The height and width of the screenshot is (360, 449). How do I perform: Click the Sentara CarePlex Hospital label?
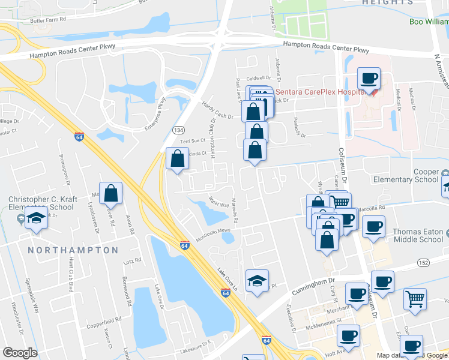[318, 91]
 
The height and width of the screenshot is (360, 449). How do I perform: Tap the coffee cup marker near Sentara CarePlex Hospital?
[369, 78]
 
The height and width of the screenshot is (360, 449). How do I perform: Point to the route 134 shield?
[178, 129]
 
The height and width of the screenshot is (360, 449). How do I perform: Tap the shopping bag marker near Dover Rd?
[111, 193]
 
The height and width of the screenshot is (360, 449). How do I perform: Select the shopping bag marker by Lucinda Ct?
[177, 159]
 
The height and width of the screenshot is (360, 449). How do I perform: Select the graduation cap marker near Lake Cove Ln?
[256, 280]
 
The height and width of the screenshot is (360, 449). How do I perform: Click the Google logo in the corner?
[19, 352]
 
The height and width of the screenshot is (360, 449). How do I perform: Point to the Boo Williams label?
[429, 22]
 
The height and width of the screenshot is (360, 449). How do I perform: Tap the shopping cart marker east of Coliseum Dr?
[415, 299]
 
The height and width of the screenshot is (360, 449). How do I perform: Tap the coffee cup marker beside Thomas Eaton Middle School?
[374, 227]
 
